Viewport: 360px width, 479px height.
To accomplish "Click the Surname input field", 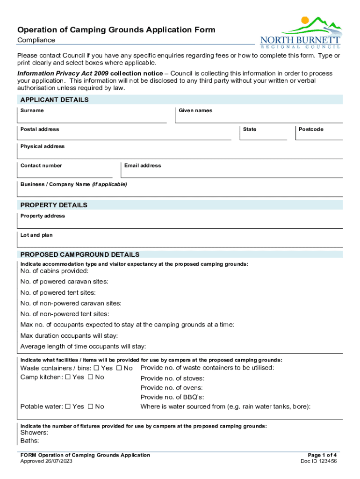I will click(92, 117).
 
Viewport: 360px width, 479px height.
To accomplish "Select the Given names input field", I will click(259, 117).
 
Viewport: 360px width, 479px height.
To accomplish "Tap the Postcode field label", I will click(311, 129).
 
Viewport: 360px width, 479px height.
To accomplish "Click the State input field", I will click(263, 135).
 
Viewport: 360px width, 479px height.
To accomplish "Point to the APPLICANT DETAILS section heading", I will click(54, 100).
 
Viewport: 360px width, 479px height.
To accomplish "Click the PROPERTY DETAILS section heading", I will click(54, 205).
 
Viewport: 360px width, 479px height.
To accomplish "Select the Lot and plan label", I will click(36, 235).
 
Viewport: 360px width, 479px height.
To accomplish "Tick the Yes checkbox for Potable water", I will click(68, 406).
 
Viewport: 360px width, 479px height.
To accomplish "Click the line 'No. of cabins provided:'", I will click(54, 271).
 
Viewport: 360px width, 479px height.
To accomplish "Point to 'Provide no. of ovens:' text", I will click(172, 388).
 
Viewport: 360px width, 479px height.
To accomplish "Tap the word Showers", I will click(35, 432).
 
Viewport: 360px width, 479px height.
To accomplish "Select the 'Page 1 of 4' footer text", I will click(322, 455).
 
